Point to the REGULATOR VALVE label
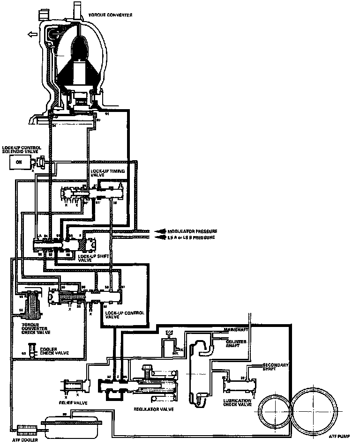pyautogui.click(x=154, y=409)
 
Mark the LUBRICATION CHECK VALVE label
pyautogui.click(x=239, y=404)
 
